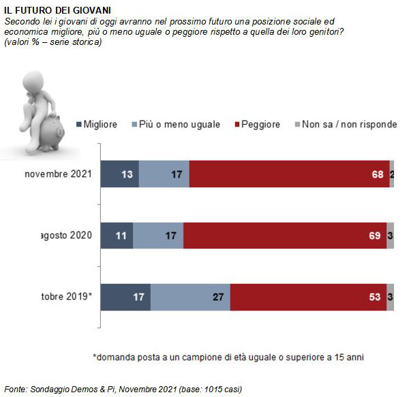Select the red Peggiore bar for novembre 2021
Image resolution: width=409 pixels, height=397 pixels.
click(x=290, y=174)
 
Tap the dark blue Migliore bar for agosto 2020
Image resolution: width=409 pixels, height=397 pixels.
click(x=117, y=236)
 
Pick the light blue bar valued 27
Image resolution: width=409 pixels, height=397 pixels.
click(x=190, y=298)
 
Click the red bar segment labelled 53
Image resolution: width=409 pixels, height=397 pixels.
click(x=308, y=298)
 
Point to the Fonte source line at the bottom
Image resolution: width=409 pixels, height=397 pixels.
click(x=123, y=389)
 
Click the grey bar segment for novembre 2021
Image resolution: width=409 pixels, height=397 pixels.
click(x=392, y=174)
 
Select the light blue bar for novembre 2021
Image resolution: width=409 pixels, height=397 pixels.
click(x=164, y=174)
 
